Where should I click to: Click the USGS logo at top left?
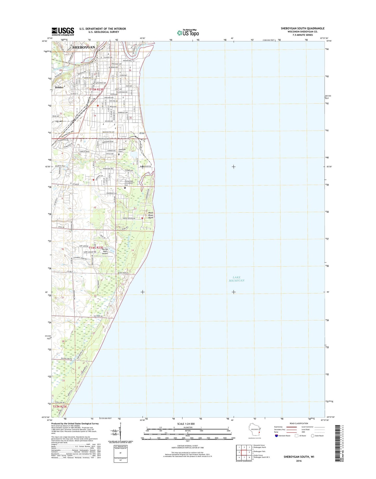pos(63,31)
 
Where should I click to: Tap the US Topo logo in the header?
pos(188,33)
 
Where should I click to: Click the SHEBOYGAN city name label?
pos(84,48)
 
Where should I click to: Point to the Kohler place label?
pos(59,87)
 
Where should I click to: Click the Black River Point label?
pos(151,215)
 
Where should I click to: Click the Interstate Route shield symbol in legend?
pos(276,443)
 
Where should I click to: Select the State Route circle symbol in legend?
pos(313,443)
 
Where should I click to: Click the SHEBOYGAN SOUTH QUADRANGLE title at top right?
pos(302,28)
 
